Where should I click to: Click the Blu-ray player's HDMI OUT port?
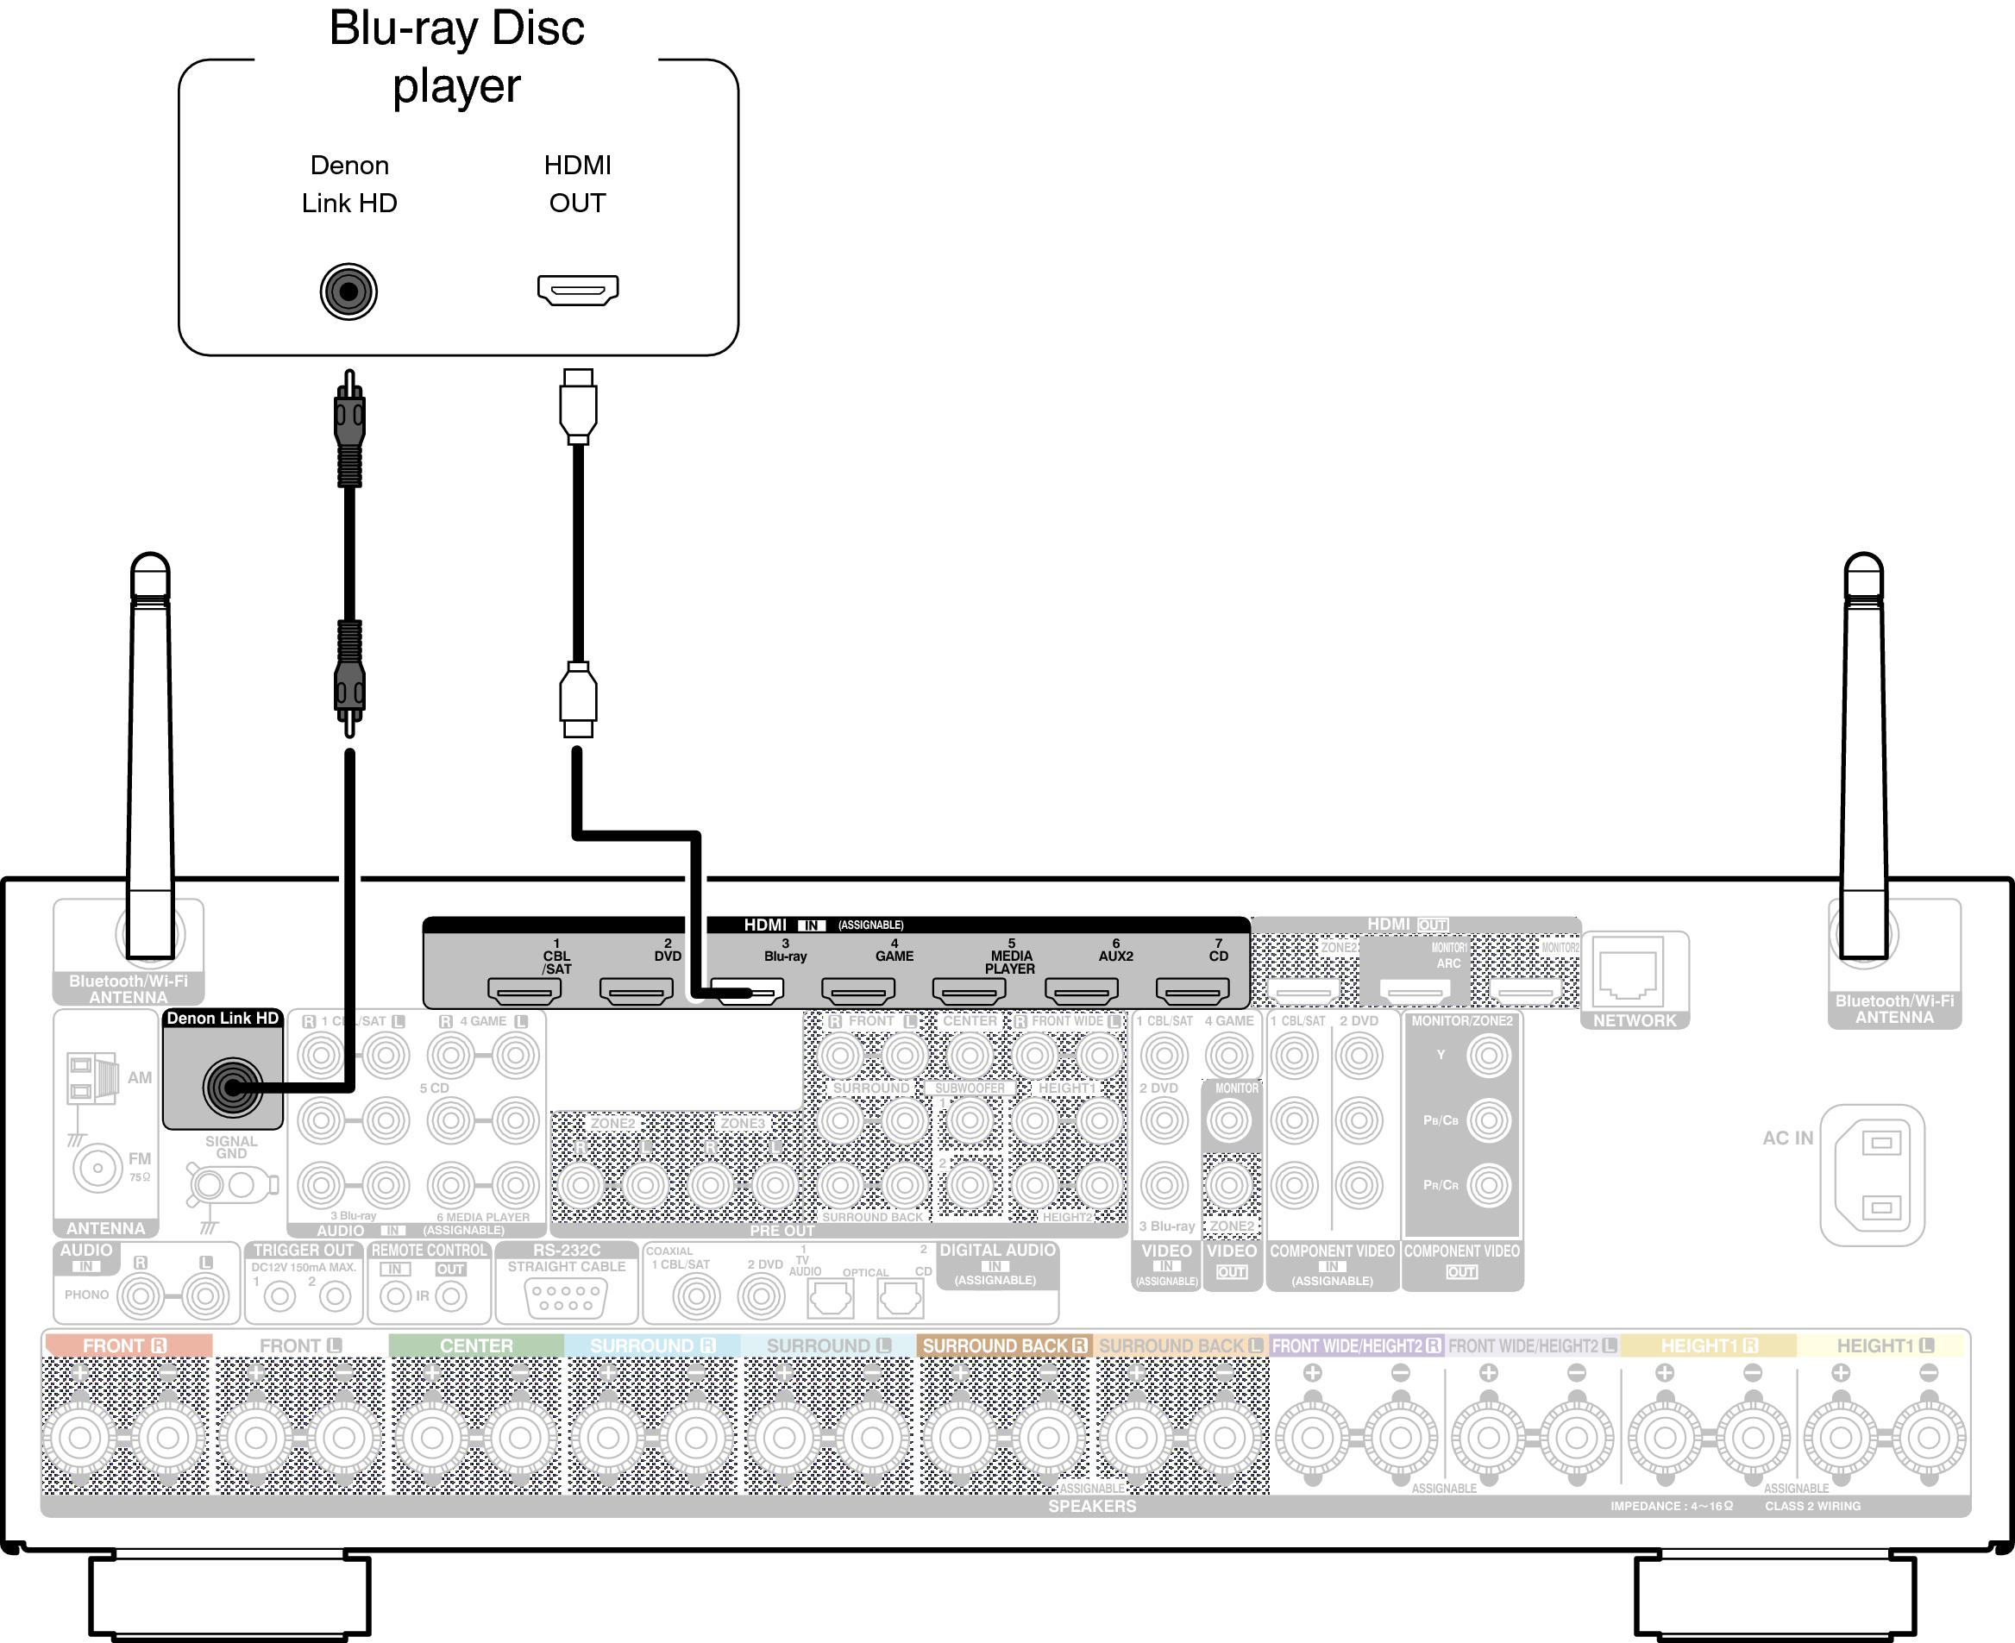577,290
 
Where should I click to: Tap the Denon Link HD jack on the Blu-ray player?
348,292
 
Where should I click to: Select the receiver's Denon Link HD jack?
232,1088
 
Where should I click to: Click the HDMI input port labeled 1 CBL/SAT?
524,991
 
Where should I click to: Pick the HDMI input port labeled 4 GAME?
858,991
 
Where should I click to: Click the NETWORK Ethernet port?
1628,973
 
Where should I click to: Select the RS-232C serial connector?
566,1297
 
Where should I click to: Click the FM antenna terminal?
97,1168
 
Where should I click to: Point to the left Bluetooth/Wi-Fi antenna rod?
150,757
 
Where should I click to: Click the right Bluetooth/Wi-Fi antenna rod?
1863,757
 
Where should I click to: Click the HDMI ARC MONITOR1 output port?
1415,991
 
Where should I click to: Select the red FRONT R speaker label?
127,1345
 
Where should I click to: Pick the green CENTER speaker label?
476,1345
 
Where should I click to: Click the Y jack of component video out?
1489,1056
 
